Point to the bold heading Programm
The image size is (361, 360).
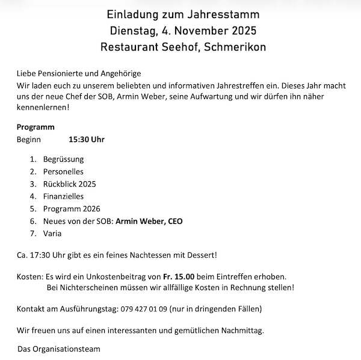click(x=35, y=127)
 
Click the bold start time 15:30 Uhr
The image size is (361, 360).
click(x=87, y=140)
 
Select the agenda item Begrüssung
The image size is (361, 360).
click(x=63, y=160)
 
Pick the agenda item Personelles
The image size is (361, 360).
click(x=63, y=172)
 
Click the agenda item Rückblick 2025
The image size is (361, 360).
click(x=69, y=184)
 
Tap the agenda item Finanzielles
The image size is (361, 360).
click(x=63, y=196)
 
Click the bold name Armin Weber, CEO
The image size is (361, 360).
click(x=149, y=221)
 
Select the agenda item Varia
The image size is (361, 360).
click(x=52, y=233)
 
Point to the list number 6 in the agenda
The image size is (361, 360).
click(x=32, y=221)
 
